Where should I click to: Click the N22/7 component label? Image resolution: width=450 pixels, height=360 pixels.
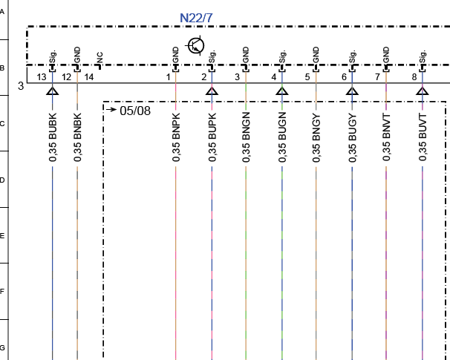click(196, 18)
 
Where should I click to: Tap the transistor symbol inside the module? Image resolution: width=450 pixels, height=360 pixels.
click(196, 45)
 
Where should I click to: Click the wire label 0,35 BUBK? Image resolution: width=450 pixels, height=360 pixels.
click(53, 137)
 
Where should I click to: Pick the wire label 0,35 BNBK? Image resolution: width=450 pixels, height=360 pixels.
click(77, 137)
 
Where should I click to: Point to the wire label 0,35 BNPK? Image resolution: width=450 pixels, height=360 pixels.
click(176, 137)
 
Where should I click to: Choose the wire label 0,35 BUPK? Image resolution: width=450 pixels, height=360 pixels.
click(212, 137)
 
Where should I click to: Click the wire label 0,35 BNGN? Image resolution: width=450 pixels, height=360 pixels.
click(246, 137)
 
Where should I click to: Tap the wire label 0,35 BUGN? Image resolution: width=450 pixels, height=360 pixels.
click(282, 137)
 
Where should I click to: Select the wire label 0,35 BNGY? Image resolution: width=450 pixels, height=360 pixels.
click(316, 137)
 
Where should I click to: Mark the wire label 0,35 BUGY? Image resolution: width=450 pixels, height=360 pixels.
click(353, 137)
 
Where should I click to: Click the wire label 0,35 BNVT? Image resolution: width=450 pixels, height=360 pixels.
click(386, 137)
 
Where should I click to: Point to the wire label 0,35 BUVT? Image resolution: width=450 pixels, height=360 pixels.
click(423, 137)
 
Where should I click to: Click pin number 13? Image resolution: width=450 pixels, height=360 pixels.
click(42, 77)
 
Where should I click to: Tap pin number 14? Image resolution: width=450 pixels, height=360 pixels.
click(88, 77)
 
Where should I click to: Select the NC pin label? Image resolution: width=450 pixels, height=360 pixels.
click(100, 57)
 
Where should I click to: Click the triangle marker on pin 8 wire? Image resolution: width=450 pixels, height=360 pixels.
click(423, 91)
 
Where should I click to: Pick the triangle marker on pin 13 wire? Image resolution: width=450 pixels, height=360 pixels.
click(53, 91)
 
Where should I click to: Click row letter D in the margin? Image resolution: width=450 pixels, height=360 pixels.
click(2, 180)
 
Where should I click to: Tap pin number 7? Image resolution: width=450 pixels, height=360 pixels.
click(377, 77)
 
